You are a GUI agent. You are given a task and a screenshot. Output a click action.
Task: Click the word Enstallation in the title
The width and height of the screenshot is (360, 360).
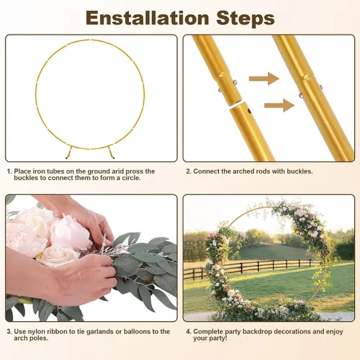pyautogui.click(x=148, y=18)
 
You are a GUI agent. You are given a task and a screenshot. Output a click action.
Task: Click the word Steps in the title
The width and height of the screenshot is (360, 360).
pyautogui.click(x=246, y=18)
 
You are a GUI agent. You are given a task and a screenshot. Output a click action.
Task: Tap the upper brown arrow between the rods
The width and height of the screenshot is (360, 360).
pyautogui.click(x=264, y=78)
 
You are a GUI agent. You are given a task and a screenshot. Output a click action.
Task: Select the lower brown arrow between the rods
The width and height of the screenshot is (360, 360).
pyautogui.click(x=279, y=105)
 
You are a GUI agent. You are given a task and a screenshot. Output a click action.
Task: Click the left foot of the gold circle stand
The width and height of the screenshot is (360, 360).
pyautogui.click(x=69, y=153)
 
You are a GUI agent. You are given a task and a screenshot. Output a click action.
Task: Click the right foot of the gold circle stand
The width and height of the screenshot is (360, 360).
pyautogui.click(x=111, y=153)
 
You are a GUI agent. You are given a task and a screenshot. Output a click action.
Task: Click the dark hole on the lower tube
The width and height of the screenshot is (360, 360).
pyautogui.click(x=249, y=111)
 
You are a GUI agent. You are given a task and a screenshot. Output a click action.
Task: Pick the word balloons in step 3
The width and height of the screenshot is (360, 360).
pyautogui.click(x=137, y=331)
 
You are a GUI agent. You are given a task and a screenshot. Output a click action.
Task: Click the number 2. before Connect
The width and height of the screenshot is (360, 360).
pyautogui.click(x=189, y=171)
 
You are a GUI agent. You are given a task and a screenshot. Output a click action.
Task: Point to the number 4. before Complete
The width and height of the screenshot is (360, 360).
pyautogui.click(x=189, y=332)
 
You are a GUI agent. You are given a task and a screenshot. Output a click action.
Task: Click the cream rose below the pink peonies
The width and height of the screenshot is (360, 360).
pyautogui.click(x=58, y=255)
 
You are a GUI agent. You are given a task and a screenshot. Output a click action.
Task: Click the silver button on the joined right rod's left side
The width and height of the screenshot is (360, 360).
pyautogui.click(x=300, y=96)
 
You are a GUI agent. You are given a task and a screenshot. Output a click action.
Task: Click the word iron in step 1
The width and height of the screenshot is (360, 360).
pyautogui.click(x=39, y=171)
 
